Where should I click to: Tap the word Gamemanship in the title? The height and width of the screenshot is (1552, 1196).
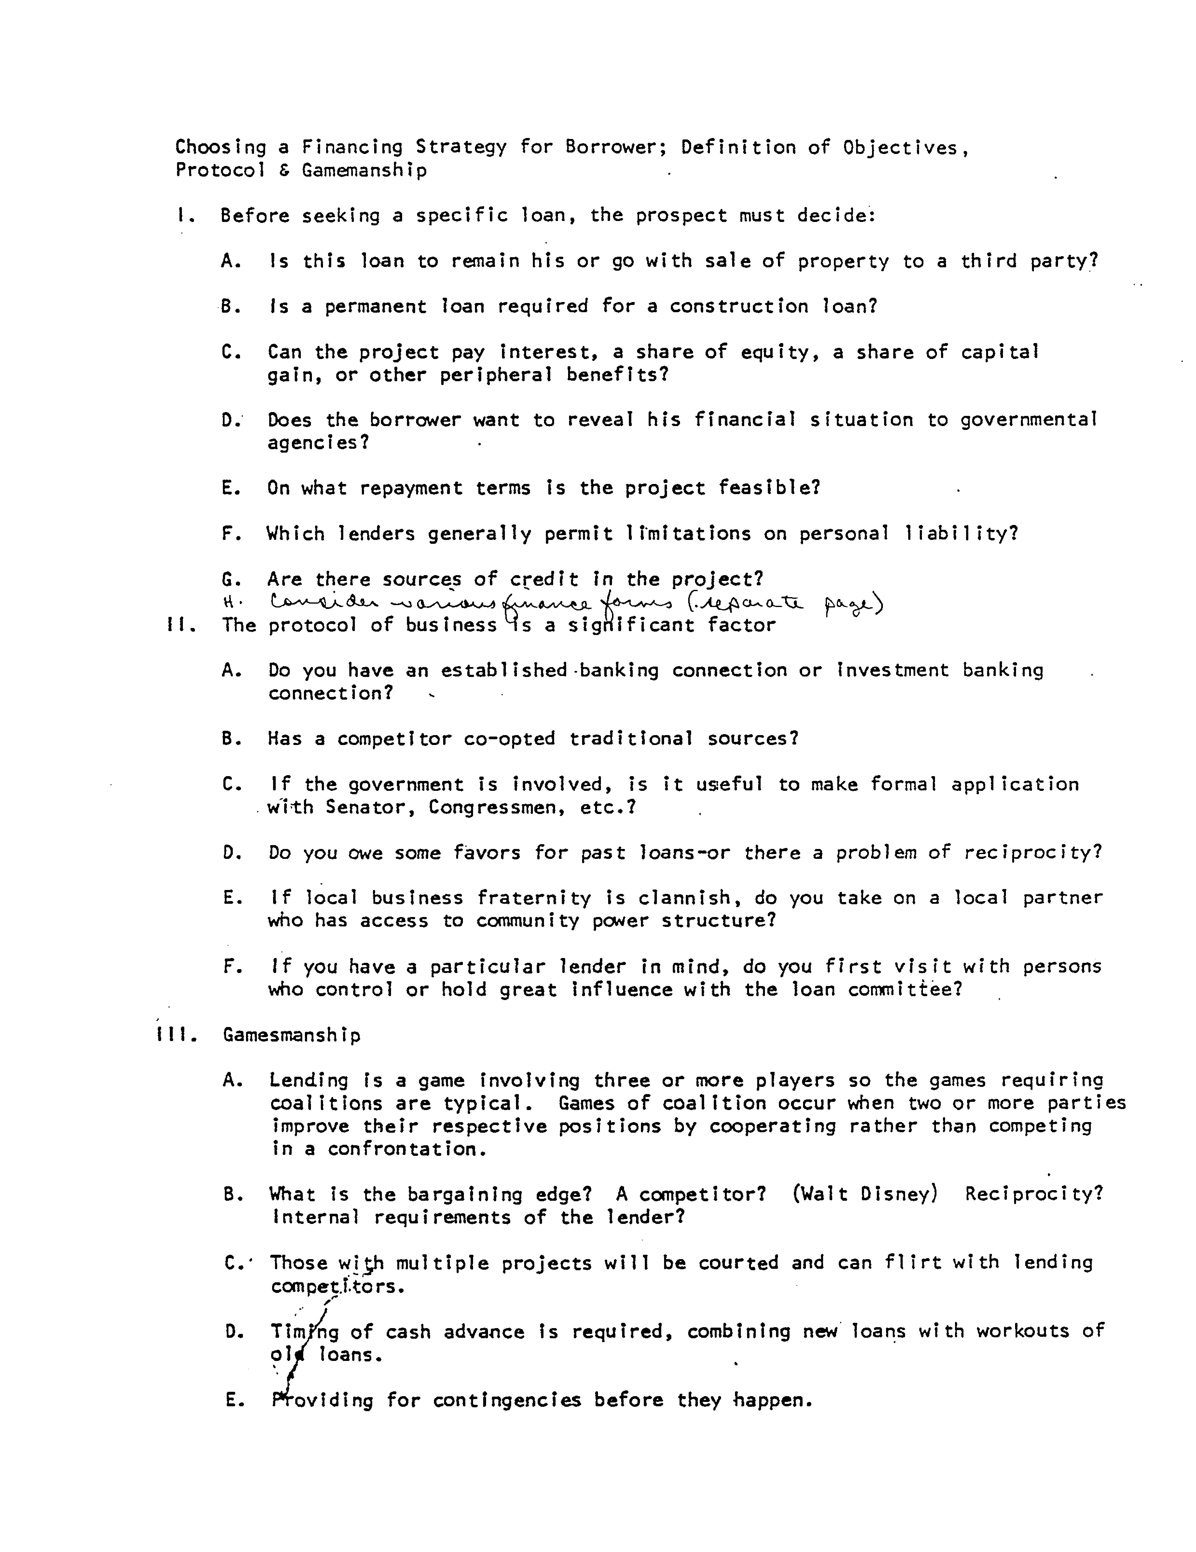pyautogui.click(x=364, y=171)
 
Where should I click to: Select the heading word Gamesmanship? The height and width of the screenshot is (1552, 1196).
pyautogui.click(x=291, y=1035)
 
